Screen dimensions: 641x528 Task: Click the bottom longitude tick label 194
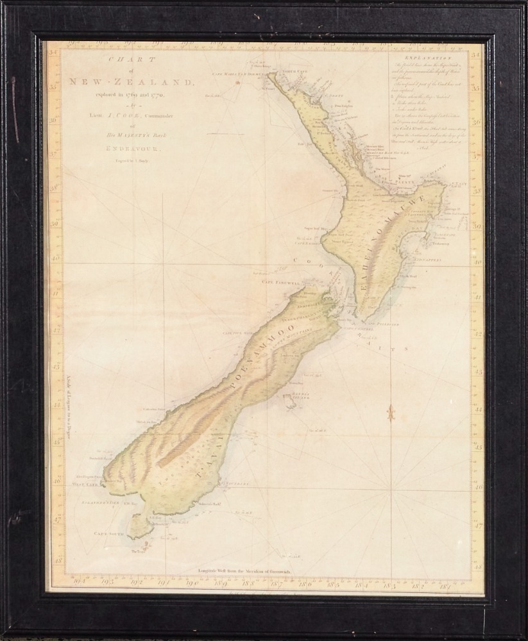(80, 581)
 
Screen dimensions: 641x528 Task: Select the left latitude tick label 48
(56, 560)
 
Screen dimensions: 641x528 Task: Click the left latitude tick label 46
(56, 480)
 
